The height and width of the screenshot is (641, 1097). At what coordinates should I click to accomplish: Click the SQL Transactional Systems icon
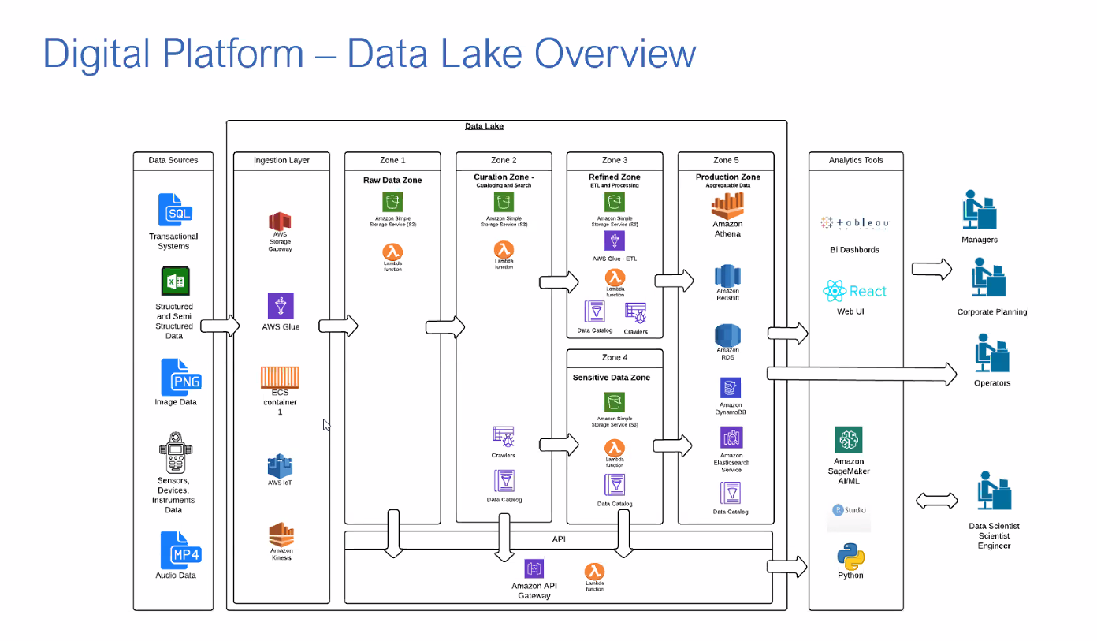click(x=174, y=211)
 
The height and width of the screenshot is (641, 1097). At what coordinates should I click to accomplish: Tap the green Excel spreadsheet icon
click(x=174, y=281)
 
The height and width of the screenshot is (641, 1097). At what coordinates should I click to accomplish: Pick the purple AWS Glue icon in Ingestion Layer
click(x=281, y=306)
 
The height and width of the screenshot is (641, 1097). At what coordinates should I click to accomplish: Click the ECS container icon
click(x=280, y=377)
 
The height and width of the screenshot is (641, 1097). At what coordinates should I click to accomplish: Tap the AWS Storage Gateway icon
click(x=280, y=222)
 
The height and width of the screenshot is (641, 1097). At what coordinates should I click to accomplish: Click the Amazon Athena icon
click(x=727, y=207)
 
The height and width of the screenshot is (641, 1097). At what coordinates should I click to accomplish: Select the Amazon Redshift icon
click(x=727, y=278)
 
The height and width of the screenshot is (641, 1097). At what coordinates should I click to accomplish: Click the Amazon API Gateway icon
click(x=534, y=569)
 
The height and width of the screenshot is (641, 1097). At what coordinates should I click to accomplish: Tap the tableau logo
click(x=855, y=224)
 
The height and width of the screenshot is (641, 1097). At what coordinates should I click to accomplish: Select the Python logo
click(x=850, y=557)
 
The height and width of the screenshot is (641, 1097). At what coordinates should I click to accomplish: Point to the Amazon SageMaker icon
click(x=849, y=440)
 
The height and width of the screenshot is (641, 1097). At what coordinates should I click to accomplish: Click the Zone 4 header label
click(x=614, y=358)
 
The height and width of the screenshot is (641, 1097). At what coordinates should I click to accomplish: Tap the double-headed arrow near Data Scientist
click(x=937, y=501)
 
